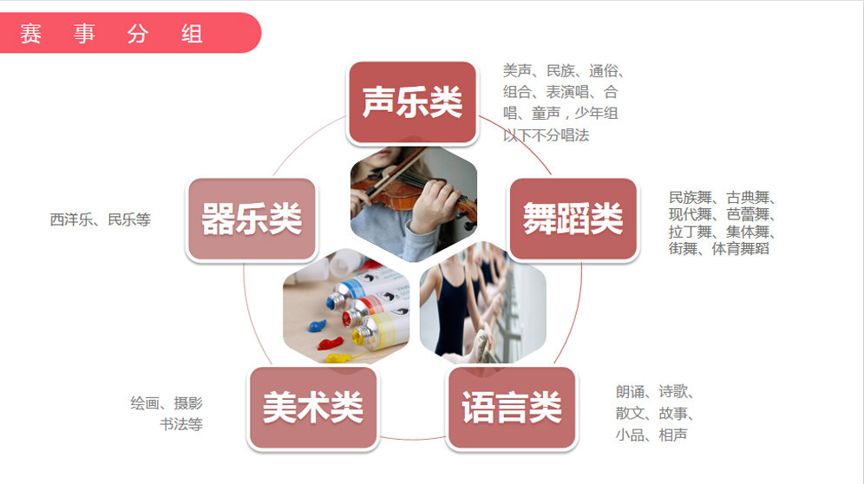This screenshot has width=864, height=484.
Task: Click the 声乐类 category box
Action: [412, 102]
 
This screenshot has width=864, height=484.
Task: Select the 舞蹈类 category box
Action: [573, 219]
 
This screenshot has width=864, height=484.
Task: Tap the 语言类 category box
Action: [512, 409]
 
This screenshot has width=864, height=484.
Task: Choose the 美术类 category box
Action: [313, 409]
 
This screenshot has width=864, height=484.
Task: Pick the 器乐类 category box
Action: [252, 219]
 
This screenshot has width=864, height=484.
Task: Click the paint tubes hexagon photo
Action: [346, 306]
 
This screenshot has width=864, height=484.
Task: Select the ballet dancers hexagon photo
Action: [482, 303]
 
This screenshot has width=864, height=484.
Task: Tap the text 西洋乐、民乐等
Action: [101, 219]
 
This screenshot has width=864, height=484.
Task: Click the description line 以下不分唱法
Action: [546, 134]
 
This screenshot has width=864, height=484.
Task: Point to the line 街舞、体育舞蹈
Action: [718, 249]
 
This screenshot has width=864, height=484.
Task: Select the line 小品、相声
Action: [651, 435]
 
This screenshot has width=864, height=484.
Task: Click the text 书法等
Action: [181, 424]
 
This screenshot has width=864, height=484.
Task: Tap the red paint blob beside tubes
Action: [330, 344]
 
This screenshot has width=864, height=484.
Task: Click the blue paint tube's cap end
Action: [333, 302]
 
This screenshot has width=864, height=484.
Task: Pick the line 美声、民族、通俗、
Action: [564, 70]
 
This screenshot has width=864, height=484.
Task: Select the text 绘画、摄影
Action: [167, 403]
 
